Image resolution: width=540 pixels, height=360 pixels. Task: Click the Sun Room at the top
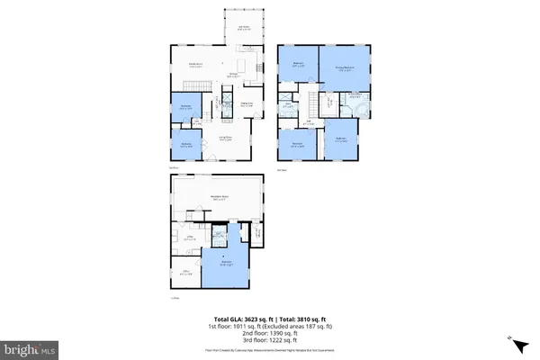pyautogui.click(x=243, y=28)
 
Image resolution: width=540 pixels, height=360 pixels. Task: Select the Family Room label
pyautogui.click(x=193, y=65)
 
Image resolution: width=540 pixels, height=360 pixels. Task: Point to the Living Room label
pyautogui.click(x=228, y=139)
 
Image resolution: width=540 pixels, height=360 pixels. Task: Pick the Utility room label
pyautogui.click(x=190, y=239)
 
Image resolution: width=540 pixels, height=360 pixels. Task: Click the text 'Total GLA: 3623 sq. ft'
pyautogui.click(x=242, y=319)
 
